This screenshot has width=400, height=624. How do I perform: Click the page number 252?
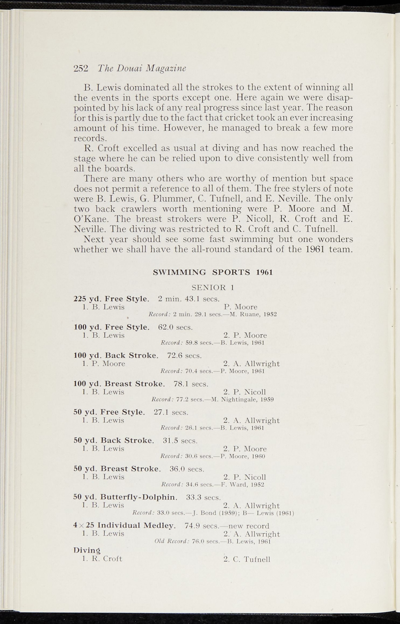[81, 68]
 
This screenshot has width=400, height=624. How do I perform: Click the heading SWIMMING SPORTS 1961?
[213, 272]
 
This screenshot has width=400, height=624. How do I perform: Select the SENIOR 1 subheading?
[213, 287]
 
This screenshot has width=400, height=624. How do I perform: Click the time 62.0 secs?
[176, 327]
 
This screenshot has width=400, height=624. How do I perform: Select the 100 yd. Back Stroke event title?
[116, 355]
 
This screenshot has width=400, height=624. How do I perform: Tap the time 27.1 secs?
[171, 412]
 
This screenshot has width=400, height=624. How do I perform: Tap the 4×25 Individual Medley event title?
[125, 526]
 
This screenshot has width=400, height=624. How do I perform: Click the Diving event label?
[87, 550]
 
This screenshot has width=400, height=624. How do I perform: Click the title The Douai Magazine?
[142, 68]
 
